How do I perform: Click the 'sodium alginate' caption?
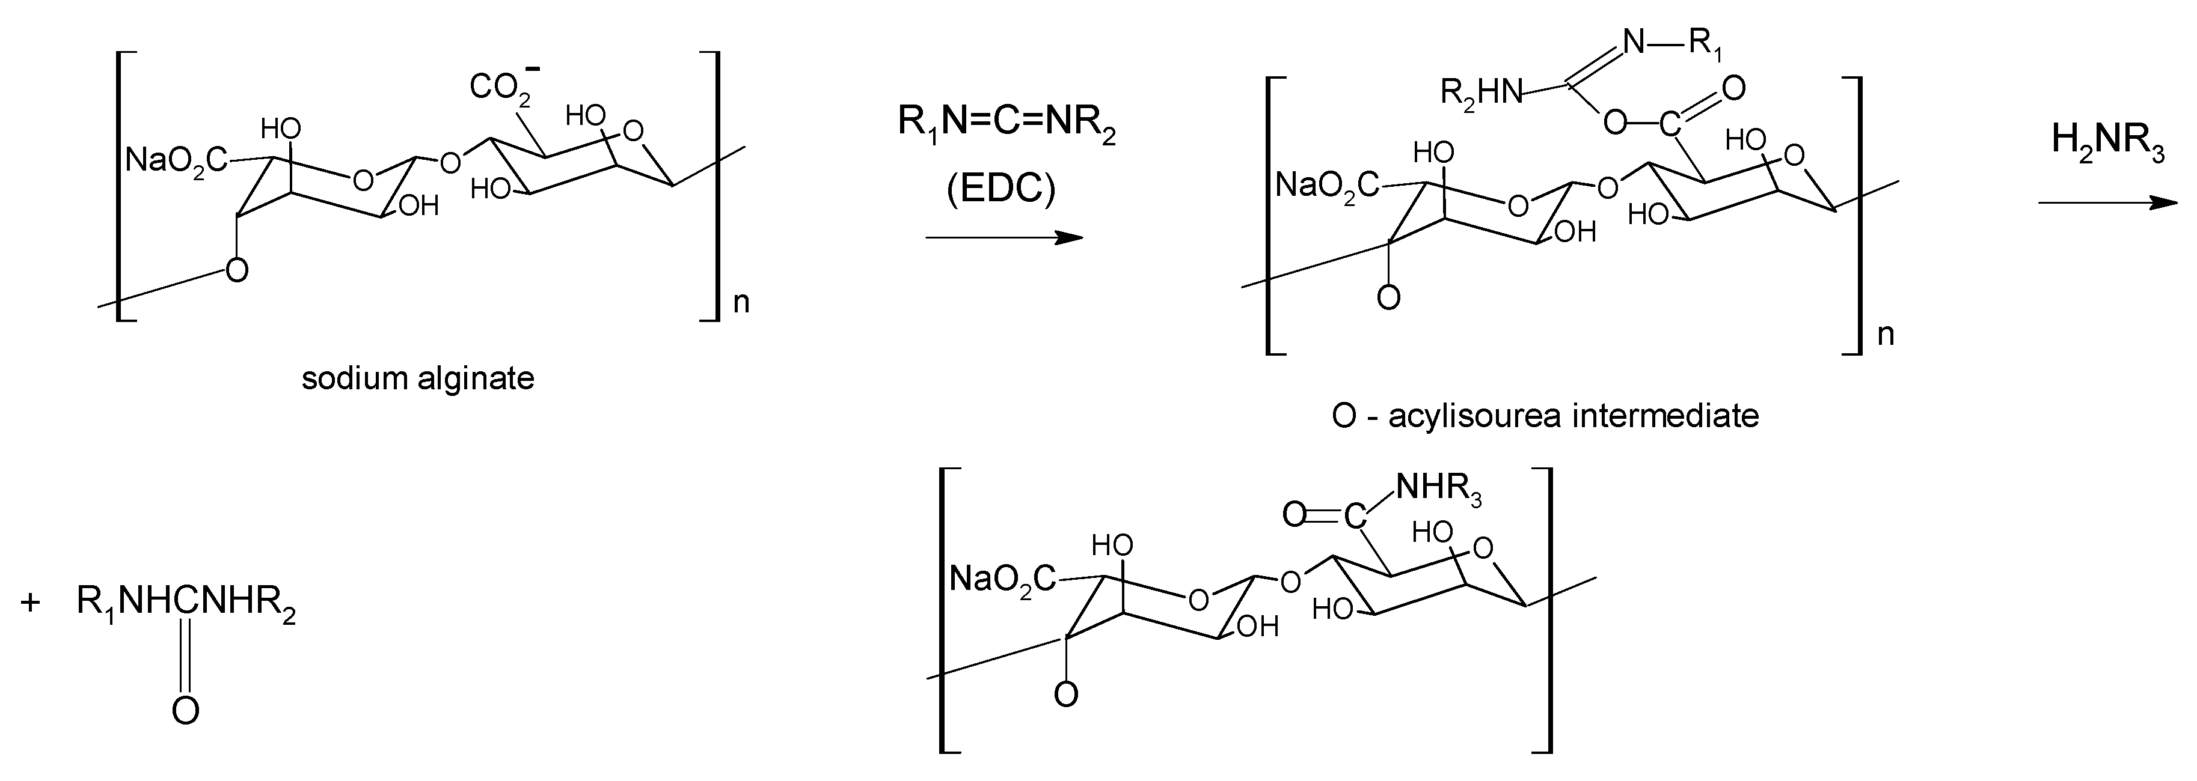pyautogui.click(x=418, y=378)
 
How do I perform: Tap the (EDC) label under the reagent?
pyautogui.click(x=1000, y=189)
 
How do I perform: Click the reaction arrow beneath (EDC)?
pyautogui.click(x=1004, y=238)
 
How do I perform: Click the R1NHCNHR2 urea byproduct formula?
pyautogui.click(x=186, y=603)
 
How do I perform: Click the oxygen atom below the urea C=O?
pyautogui.click(x=185, y=710)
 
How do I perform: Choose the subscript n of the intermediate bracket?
pyautogui.click(x=1886, y=334)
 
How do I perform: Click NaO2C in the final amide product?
pyautogui.click(x=1002, y=580)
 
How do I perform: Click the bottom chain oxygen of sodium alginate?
pyautogui.click(x=237, y=270)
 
